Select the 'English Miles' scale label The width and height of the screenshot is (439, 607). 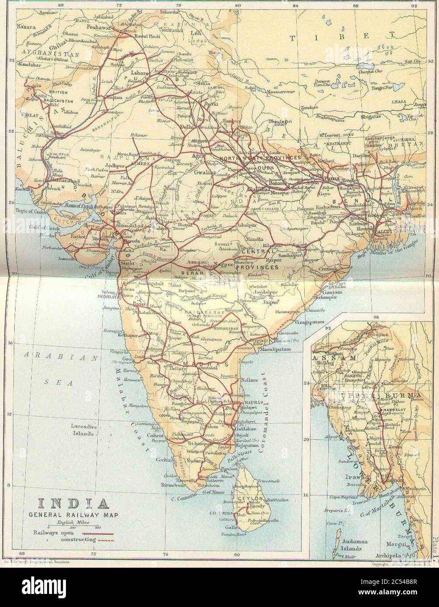click(70, 523)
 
